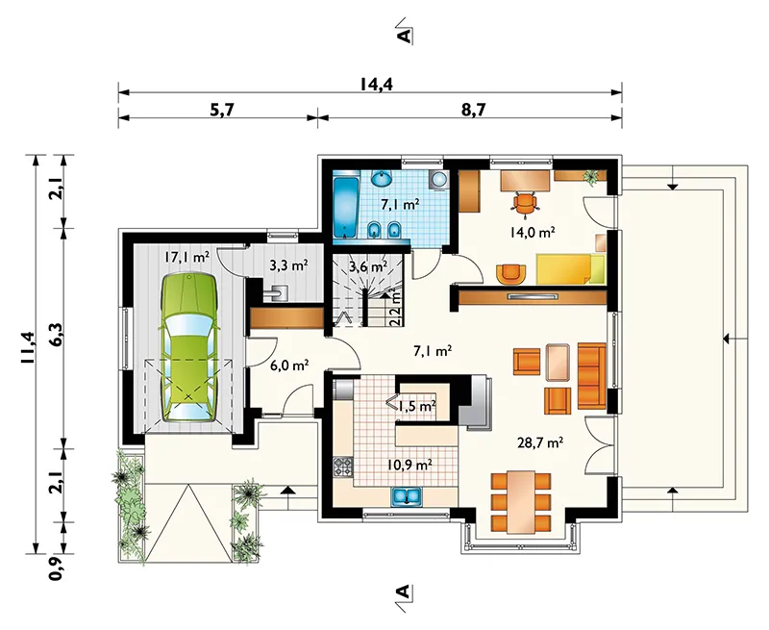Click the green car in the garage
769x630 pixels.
188,348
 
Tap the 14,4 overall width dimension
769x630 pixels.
376,84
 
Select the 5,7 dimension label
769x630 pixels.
223,110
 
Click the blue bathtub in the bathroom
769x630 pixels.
345,208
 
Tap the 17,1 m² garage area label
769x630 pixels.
186,256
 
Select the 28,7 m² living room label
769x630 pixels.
540,442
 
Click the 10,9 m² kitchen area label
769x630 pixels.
409,464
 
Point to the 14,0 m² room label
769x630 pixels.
533,232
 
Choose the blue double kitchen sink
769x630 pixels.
407,496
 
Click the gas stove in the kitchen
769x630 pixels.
343,466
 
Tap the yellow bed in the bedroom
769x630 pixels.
571,269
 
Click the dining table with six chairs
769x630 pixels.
521,502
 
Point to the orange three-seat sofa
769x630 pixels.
591,376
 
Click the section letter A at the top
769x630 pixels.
404,36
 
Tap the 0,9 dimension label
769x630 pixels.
56,567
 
